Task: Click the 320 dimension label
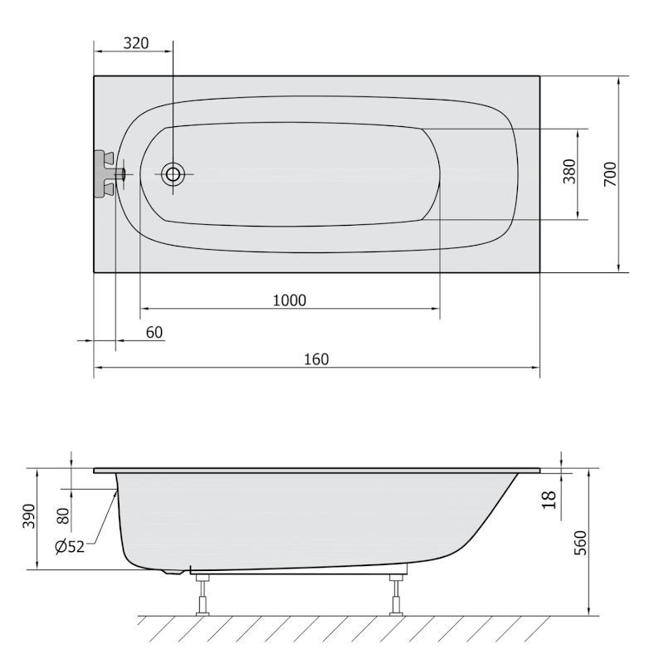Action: point(136,43)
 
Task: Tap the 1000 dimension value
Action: point(289,300)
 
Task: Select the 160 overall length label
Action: point(316,359)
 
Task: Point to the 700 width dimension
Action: point(610,174)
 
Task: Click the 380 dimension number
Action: point(570,171)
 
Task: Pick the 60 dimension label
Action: point(154,333)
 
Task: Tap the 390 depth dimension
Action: point(29,516)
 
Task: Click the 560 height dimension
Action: point(580,543)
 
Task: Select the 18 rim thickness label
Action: point(549,500)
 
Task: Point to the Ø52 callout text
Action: point(70,547)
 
